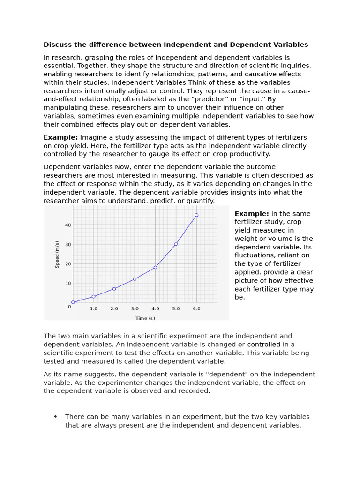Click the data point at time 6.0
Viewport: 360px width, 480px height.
pyautogui.click(x=196, y=215)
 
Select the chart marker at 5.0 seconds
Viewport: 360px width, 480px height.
pyautogui.click(x=176, y=244)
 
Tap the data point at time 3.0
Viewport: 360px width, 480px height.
pyautogui.click(x=135, y=279)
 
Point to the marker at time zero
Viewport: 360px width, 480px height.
pyautogui.click(x=73, y=302)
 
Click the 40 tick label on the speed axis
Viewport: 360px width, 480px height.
pyautogui.click(x=68, y=225)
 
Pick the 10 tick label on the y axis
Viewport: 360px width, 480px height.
pyautogui.click(x=68, y=283)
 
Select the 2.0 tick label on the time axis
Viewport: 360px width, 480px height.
pyautogui.click(x=114, y=309)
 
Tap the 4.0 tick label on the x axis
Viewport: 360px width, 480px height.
pyautogui.click(x=155, y=309)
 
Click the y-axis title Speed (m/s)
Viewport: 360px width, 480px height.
pyautogui.click(x=58, y=255)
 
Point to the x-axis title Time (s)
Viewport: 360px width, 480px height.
pyautogui.click(x=145, y=318)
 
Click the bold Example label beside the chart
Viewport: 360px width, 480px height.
pyautogui.click(x=252, y=214)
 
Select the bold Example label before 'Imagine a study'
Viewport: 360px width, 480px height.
pyautogui.click(x=60, y=137)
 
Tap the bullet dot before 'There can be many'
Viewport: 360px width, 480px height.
pyautogui.click(x=55, y=417)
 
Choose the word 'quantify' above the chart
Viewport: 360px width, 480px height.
pyautogui.click(x=199, y=201)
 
